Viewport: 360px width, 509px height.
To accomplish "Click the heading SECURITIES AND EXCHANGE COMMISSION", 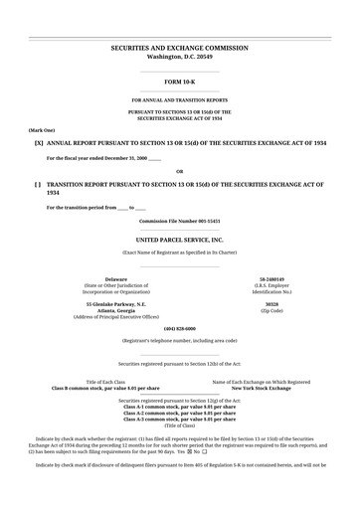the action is coord(179,48).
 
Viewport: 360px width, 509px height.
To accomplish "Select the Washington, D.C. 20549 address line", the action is coord(179,57).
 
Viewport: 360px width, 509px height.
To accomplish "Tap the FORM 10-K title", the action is coord(179,82).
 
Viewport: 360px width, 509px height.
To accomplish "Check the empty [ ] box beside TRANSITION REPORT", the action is coord(38,185).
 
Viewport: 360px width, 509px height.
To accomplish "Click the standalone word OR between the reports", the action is coord(179,171).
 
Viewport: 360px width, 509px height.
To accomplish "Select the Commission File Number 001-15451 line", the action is coord(179,220).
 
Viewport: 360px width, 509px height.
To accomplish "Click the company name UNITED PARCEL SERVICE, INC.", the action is coord(179,241).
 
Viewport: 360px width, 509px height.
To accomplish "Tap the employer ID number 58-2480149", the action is coord(271,279).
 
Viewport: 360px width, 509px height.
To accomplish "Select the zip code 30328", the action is coord(271,303).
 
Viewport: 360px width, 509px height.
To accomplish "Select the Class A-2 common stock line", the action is coord(179,412).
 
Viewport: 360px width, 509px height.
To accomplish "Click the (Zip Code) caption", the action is coord(271,310).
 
